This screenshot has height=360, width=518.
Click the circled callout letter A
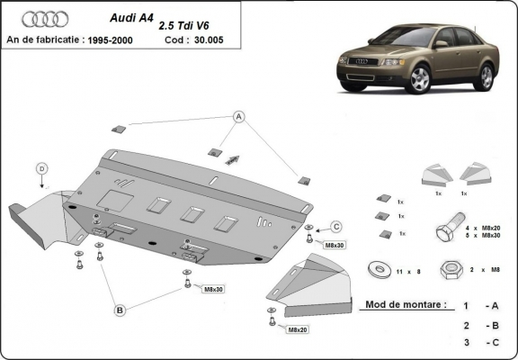[x=239, y=116]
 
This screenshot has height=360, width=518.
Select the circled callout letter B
[x=119, y=310]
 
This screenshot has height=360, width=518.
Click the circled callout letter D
[x=41, y=168]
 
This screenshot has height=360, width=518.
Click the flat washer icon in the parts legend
[x=375, y=269]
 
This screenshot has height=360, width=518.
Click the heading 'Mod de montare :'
[x=404, y=305]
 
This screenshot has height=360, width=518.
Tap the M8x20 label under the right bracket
[x=298, y=330]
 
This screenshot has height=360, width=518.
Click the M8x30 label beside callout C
[x=335, y=245]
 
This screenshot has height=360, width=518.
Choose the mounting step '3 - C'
[x=477, y=344]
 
